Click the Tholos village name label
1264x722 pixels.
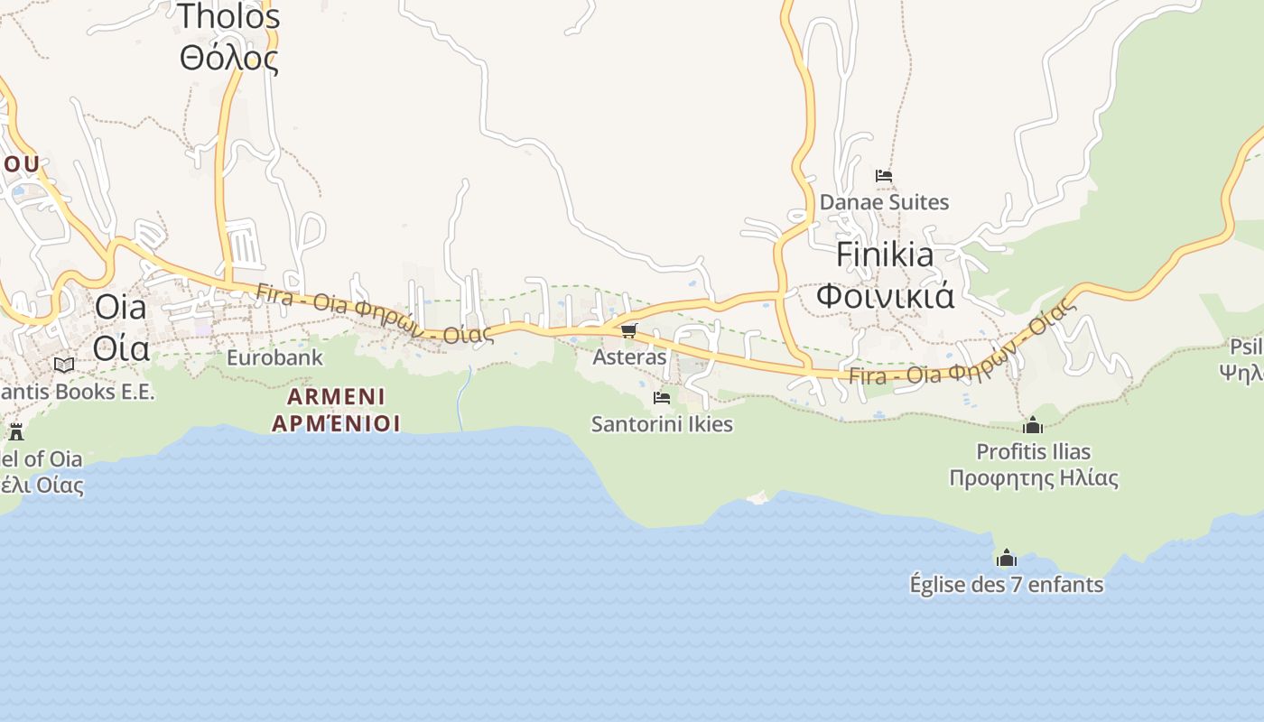click(229, 16)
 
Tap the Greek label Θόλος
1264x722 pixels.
click(229, 58)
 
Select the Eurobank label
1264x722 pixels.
click(274, 357)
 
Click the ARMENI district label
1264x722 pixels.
click(336, 396)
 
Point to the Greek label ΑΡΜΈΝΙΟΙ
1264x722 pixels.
click(336, 422)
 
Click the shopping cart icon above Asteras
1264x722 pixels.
click(629, 331)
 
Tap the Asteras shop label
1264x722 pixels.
click(629, 356)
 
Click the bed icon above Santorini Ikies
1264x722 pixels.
click(662, 397)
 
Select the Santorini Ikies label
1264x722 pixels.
click(662, 423)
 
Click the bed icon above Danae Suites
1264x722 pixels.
click(884, 176)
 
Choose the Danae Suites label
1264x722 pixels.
click(884, 202)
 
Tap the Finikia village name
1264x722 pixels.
click(885, 255)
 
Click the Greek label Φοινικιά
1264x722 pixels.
click(885, 296)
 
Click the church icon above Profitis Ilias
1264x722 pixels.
click(1033, 425)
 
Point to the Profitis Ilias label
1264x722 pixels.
click(1033, 451)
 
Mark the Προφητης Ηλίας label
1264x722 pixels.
click(1033, 478)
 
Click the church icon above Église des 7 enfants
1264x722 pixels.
click(1007, 558)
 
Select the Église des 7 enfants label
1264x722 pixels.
click(1007, 584)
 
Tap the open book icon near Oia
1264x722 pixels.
click(64, 365)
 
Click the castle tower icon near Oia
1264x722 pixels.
click(15, 431)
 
